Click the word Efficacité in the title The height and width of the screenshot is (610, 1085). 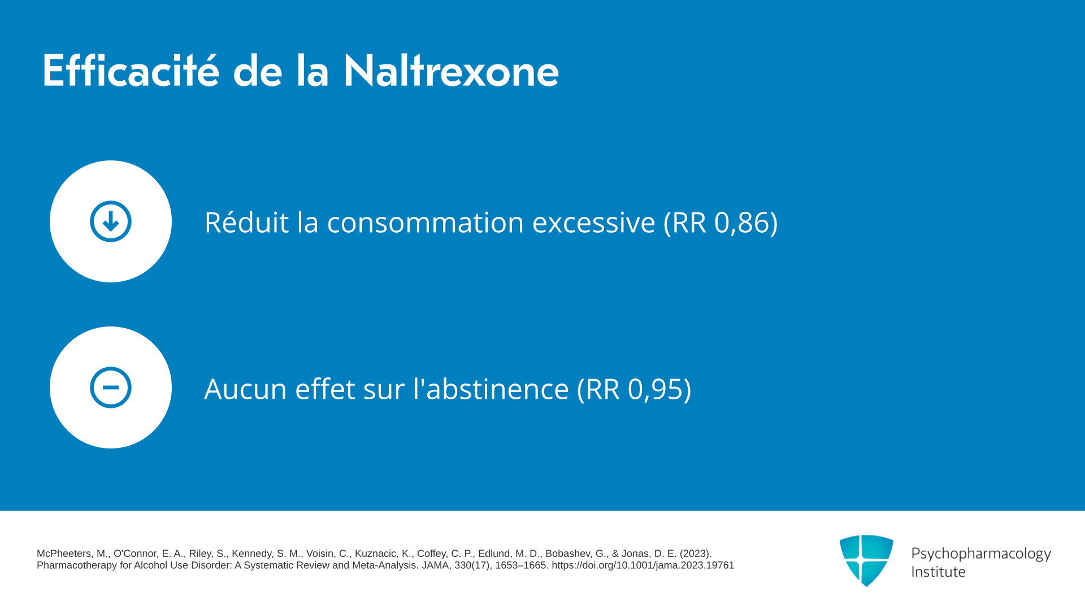click(131, 71)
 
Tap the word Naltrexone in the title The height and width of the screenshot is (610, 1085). click(451, 71)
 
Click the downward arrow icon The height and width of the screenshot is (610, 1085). click(111, 221)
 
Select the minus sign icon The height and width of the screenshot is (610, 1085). click(111, 387)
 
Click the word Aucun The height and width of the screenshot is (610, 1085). click(246, 389)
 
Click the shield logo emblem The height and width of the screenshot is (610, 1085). click(866, 560)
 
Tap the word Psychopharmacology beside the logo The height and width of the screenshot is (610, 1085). click(981, 554)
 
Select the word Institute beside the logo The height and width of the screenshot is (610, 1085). click(938, 572)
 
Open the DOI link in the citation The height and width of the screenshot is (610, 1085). click(643, 565)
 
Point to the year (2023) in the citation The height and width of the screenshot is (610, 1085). click(696, 554)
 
